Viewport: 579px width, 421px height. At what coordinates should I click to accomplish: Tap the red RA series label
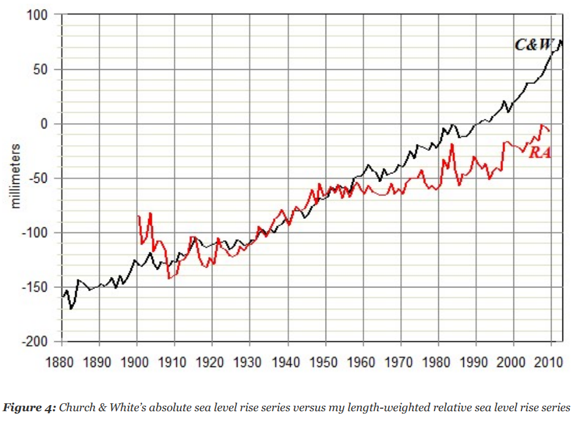point(539,153)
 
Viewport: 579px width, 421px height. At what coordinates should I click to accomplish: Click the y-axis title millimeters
point(17,177)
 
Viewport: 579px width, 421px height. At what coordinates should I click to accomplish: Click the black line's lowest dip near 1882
point(71,308)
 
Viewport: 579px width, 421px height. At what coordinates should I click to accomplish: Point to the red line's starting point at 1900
point(138,216)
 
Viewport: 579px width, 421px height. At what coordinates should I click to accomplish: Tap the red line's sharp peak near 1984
point(452,144)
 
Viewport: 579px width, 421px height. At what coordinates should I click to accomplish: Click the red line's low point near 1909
point(168,279)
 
